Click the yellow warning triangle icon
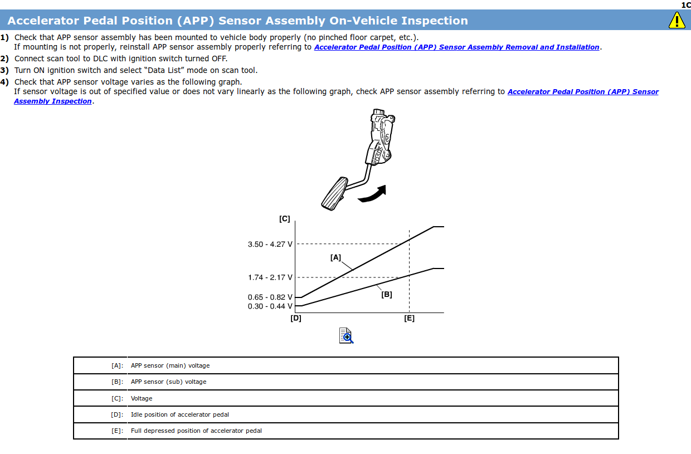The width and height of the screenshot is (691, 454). (677, 21)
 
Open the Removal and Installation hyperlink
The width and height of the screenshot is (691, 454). (456, 47)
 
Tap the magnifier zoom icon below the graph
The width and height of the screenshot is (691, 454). (346, 335)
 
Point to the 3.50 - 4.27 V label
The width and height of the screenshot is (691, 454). (270, 244)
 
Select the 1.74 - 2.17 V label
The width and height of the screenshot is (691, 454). (270, 277)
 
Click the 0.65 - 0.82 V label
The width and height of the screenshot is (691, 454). (270, 297)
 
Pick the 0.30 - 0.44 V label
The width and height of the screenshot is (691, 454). (270, 306)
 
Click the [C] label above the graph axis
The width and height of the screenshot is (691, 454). (285, 219)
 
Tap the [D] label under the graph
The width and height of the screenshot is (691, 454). (296, 319)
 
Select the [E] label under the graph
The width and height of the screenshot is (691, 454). (409, 319)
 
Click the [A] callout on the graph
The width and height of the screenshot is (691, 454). (335, 257)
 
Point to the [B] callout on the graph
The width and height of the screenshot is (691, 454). (386, 295)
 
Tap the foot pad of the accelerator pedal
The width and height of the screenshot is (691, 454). (333, 193)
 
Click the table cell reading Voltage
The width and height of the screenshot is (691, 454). (142, 398)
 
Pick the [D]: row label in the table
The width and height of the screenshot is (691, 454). (117, 414)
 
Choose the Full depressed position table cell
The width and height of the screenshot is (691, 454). (196, 431)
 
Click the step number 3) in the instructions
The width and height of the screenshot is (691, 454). (4, 70)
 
